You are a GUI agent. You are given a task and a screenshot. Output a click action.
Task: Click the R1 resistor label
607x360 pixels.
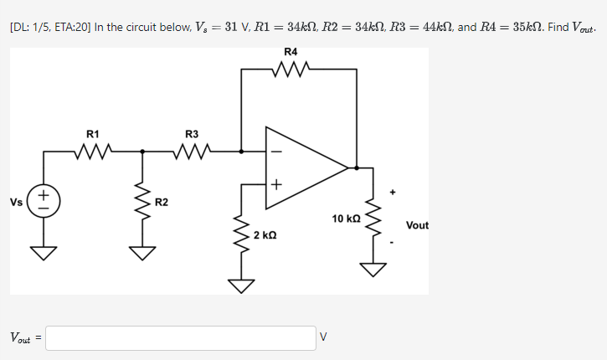93,134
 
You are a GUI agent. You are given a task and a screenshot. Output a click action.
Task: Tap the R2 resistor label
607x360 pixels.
162,203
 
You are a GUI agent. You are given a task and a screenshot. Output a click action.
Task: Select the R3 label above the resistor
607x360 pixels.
192,134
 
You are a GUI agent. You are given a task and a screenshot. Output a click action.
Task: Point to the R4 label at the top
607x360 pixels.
291,52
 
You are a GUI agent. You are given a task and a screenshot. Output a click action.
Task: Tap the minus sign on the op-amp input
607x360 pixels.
276,152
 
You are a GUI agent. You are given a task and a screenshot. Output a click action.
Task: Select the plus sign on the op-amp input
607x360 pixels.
276,184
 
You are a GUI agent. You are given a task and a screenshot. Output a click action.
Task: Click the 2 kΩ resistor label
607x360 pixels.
264,236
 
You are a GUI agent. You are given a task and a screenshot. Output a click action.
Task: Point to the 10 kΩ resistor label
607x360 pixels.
346,219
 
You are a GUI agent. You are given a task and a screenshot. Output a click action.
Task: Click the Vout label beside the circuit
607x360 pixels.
417,225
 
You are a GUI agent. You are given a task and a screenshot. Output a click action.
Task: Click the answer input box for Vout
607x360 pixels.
181,338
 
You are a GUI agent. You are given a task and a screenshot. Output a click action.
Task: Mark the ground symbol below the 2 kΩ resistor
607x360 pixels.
242,285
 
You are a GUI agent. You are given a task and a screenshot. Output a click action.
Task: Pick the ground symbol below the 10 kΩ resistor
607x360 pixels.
373,269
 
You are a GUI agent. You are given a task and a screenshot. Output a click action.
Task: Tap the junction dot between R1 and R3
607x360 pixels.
142,152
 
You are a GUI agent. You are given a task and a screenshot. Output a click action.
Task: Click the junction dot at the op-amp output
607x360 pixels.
358,167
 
